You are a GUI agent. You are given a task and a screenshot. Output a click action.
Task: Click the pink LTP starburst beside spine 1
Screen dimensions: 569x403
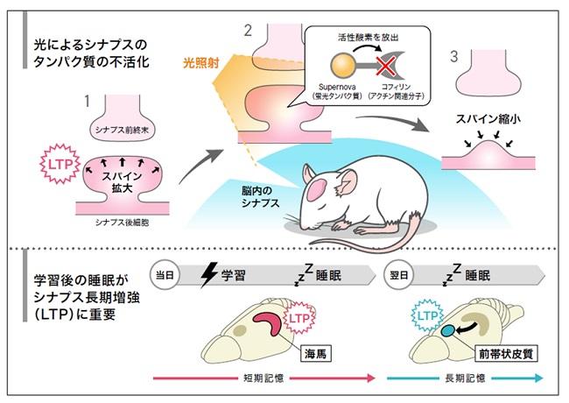(60, 164)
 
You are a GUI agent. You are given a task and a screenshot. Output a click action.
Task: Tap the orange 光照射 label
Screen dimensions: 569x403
(201, 63)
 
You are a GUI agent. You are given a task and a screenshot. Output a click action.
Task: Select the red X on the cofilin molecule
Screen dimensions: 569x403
(386, 67)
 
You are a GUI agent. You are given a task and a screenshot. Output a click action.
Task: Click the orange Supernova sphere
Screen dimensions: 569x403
(342, 66)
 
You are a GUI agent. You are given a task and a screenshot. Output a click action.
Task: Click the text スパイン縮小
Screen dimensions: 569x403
(488, 119)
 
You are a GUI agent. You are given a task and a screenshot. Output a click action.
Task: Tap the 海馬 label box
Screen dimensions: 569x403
(315, 353)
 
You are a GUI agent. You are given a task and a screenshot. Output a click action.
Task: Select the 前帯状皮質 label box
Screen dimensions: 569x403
(506, 353)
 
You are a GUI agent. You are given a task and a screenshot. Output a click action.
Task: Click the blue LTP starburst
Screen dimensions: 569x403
(427, 315)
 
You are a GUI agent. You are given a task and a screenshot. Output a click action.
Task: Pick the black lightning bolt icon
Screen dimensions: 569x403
(208, 275)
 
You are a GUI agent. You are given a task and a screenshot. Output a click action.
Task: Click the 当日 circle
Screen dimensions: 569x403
(165, 275)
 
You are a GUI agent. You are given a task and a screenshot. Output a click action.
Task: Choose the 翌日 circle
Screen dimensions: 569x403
(399, 275)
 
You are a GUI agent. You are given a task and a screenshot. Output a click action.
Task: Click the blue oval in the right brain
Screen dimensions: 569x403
(448, 330)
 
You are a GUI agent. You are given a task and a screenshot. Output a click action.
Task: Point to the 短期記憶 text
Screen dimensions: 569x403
(263, 378)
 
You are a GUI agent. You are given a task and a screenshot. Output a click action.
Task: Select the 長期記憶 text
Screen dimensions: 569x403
(465, 378)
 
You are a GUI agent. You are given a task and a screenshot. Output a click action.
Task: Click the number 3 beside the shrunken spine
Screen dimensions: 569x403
(454, 57)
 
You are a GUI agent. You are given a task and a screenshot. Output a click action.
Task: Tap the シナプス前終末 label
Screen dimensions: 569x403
(122, 130)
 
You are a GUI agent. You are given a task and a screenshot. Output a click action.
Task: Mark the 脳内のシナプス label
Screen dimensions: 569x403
(260, 197)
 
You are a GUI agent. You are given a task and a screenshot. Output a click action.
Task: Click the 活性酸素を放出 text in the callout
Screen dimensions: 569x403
(368, 37)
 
